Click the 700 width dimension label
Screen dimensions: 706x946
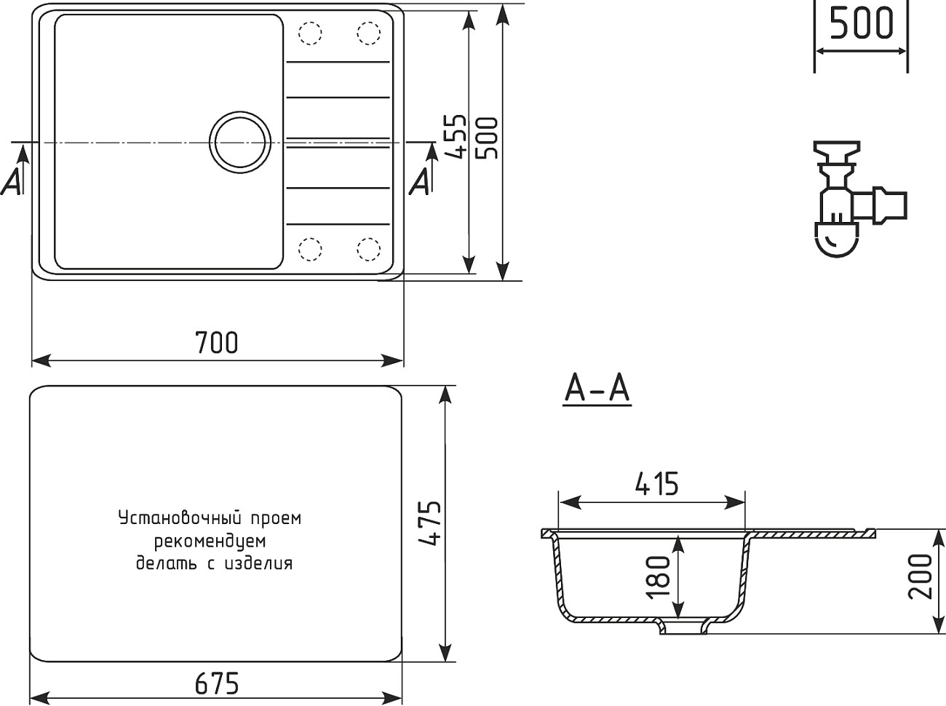tap(217, 341)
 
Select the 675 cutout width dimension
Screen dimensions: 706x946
tap(217, 684)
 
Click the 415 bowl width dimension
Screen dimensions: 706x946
tap(656, 483)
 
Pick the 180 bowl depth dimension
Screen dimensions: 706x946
tap(658, 576)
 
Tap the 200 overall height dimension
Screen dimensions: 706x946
tap(920, 576)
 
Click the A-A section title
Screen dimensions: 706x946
tap(597, 389)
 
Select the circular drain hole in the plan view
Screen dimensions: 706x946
tap(240, 140)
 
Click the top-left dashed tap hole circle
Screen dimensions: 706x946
tap(311, 33)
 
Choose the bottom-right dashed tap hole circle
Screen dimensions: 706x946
tap(368, 248)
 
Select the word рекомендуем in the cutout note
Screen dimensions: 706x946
tap(210, 541)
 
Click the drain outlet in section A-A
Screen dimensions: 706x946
tap(684, 627)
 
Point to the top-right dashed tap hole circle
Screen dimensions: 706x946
tap(368, 33)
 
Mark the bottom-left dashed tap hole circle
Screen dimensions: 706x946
tap(311, 248)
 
